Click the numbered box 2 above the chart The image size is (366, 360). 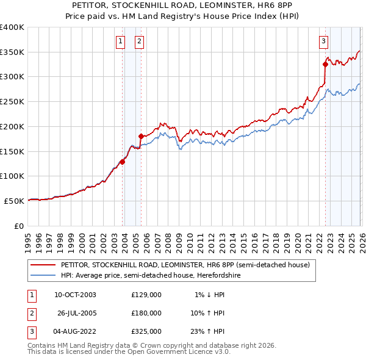coord(139,41)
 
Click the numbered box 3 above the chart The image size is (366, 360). coord(323,41)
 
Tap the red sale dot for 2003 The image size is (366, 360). coord(123,162)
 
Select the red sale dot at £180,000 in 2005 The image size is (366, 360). coord(142,136)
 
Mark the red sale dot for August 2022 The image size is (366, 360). coord(325,63)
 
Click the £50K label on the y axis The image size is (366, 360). coord(14,201)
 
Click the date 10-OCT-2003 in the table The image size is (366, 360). coord(75,295)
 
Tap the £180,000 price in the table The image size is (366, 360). coord(146,313)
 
